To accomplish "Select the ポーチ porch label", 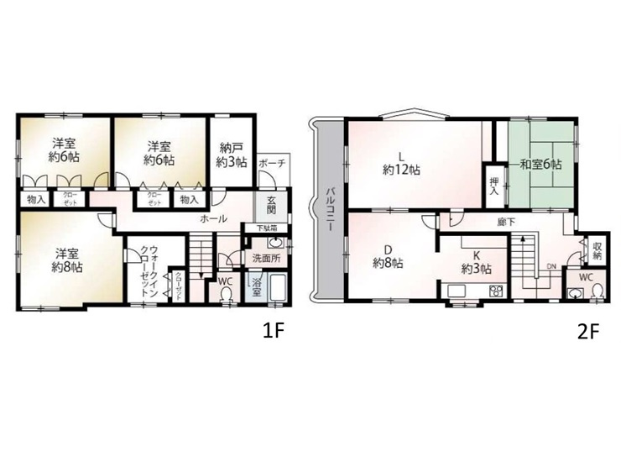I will click(x=273, y=163).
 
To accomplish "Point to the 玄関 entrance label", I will click(x=273, y=205).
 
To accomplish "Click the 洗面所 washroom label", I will click(x=263, y=258).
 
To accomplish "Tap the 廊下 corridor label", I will click(x=505, y=223).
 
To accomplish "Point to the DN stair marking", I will click(x=551, y=266).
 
